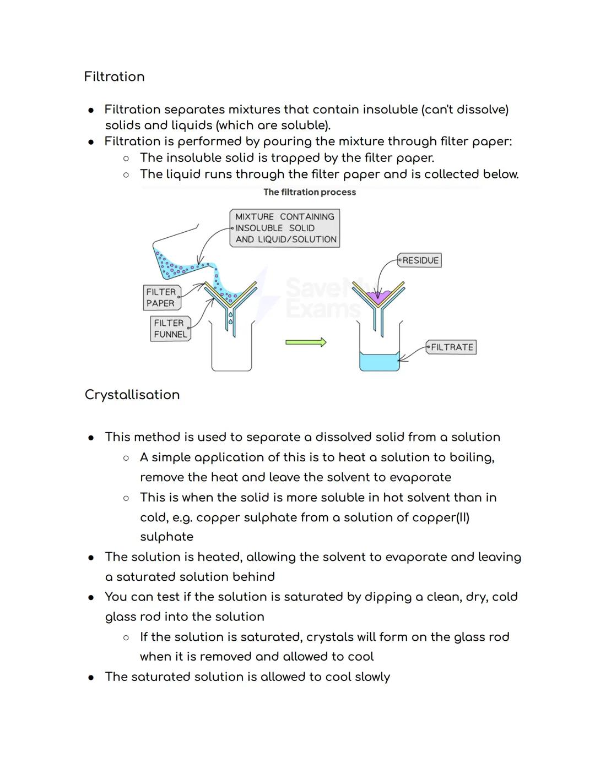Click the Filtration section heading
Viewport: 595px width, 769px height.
114,77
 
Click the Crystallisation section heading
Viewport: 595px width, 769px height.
132,395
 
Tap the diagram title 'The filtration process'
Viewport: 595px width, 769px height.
310,192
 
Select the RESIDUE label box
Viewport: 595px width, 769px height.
420,260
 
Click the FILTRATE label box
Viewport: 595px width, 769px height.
451,347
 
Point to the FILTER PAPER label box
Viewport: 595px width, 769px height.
161,297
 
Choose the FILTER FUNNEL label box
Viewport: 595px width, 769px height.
170,329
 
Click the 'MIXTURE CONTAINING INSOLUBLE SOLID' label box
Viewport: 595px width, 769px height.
285,228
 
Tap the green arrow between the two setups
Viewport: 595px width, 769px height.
306,342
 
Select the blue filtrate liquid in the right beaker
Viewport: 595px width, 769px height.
380,362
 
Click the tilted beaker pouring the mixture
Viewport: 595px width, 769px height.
171,259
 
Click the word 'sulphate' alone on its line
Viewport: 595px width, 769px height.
166,537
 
